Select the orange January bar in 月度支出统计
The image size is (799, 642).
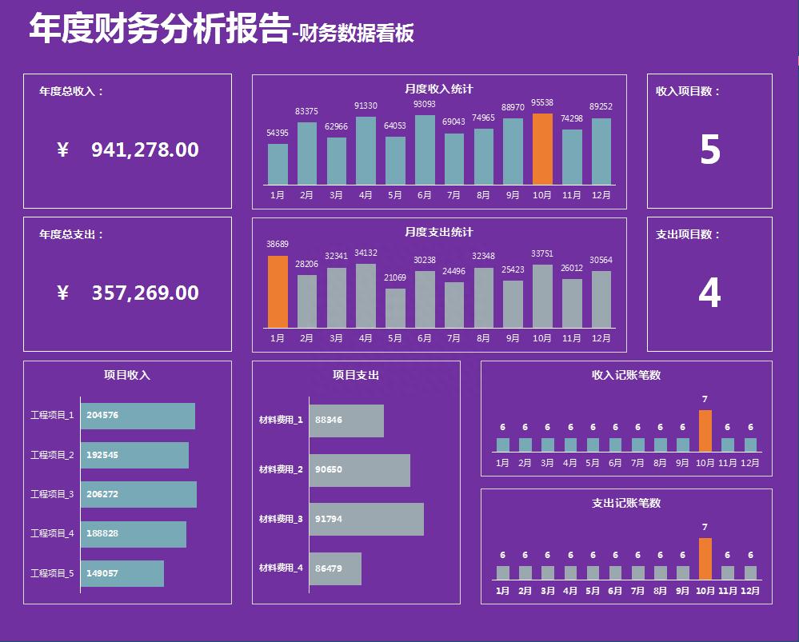pos(278,292)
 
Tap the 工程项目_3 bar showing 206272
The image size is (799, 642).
pos(138,494)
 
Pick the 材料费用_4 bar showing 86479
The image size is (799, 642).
pos(335,568)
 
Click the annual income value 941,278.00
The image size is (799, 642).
pos(145,150)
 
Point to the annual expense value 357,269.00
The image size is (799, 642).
pos(145,293)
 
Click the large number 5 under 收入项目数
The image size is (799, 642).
pos(709,150)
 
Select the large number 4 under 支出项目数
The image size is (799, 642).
pos(709,293)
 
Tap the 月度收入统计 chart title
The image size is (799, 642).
pos(438,89)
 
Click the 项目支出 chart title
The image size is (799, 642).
pos(356,374)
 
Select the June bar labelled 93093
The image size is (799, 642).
pos(425,150)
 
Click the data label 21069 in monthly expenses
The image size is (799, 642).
pos(395,277)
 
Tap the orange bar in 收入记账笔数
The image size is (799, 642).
pos(705,431)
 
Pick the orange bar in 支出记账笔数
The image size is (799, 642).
pos(705,558)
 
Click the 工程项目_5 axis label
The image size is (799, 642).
pos(52,573)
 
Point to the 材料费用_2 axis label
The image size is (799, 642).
pos(281,469)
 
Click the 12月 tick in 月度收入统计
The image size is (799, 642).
pos(601,195)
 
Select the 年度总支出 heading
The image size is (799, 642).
pos(71,234)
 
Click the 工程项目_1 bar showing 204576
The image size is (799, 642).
pos(138,416)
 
